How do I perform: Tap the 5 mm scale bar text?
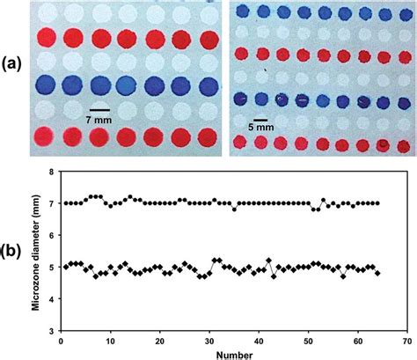261,126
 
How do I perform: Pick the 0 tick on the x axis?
61,340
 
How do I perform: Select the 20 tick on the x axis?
159,340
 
